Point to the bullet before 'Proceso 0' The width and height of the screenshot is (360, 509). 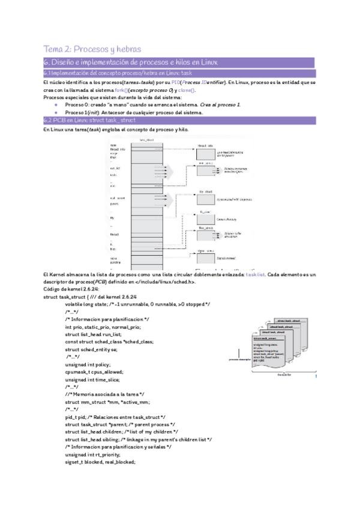(56, 104)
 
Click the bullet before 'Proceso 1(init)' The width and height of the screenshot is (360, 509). (56, 112)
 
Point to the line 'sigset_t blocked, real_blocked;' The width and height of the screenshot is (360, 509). (100, 462)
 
